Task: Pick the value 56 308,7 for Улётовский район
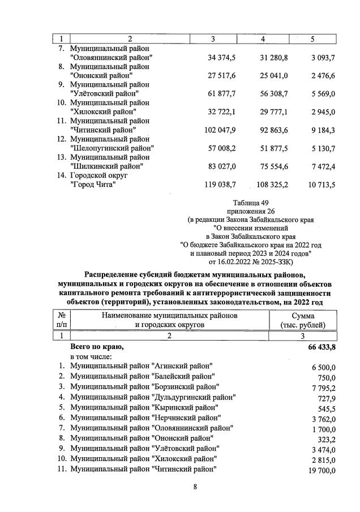pyautogui.click(x=274, y=93)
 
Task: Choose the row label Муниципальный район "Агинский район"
pyautogui.click(x=141, y=367)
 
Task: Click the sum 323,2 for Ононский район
pyautogui.click(x=326, y=438)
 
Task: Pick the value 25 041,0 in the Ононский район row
pyautogui.click(x=274, y=75)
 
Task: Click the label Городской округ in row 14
pyautogui.click(x=100, y=175)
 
